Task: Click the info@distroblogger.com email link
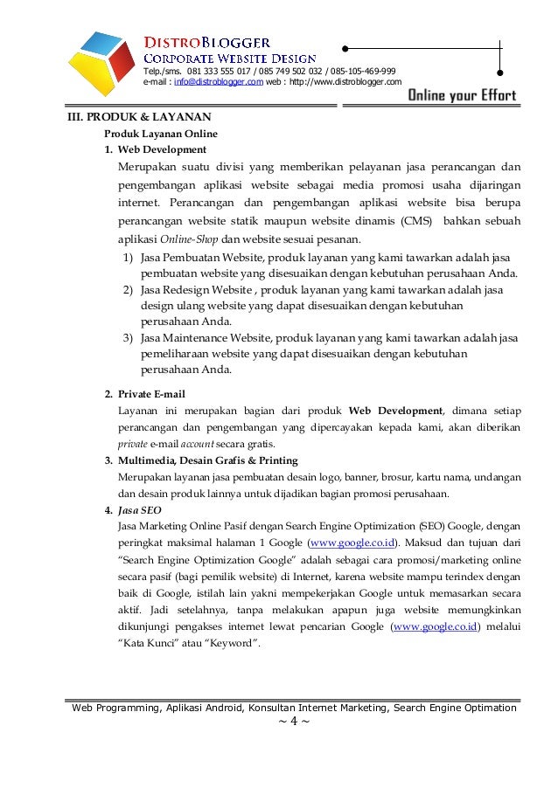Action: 218,82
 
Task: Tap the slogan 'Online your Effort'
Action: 462,95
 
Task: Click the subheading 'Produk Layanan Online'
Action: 161,134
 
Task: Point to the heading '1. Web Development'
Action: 156,149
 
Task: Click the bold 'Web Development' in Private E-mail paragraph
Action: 395,411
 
